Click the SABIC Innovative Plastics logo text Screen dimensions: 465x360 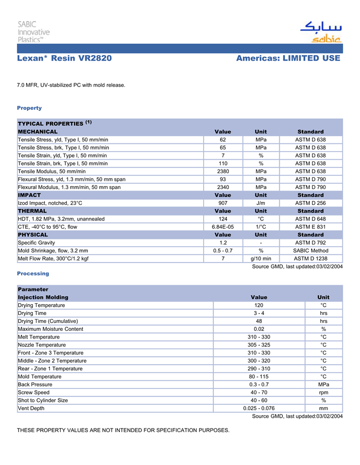pos(33,31)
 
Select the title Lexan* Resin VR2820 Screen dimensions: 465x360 pos(64,58)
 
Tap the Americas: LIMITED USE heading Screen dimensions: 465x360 pos(288,58)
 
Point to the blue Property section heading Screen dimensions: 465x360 pos(29,108)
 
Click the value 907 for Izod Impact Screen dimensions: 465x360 pos(223,203)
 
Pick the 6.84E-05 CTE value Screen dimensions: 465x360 pos(223,227)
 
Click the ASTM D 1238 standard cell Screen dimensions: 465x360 pos(311,258)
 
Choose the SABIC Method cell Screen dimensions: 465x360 pos(311,251)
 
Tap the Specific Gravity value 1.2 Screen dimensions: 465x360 pos(223,243)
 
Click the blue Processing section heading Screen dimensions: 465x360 pos(33,273)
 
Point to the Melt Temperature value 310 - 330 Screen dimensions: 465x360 pos(259,337)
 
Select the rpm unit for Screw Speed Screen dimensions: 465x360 pos(323,393)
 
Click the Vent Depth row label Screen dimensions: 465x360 pos(31,408)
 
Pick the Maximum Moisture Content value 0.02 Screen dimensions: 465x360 pos(259,329)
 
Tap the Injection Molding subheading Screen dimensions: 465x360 pos(43,297)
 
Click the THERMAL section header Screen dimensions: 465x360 pos(32,211)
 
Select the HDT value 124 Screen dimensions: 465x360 pos(223,219)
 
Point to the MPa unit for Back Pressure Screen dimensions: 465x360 pos(323,384)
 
